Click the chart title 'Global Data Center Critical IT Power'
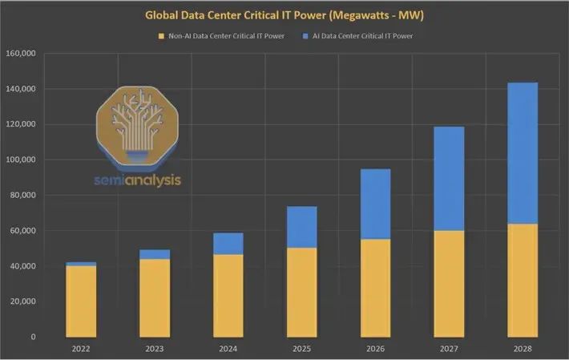click(284, 14)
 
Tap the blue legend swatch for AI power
click(305, 36)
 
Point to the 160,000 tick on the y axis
click(21, 54)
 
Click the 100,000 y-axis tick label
click(21, 160)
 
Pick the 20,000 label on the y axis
click(22, 301)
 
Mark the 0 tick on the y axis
click(33, 337)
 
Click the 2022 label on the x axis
click(81, 349)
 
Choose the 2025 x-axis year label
click(302, 349)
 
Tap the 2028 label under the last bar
click(523, 349)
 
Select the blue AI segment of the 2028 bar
click(523, 152)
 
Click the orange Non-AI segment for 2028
click(523, 281)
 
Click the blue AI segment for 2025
click(302, 227)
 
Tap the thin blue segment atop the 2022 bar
click(81, 264)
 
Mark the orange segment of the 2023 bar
click(155, 298)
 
